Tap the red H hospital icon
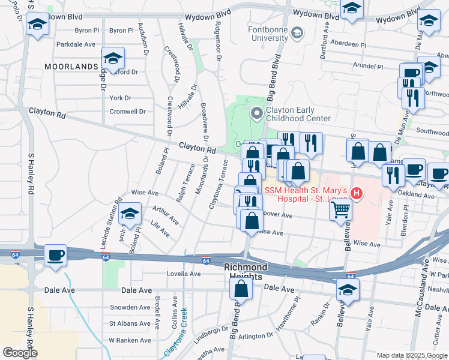[x=357, y=193]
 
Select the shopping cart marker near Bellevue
[x=341, y=210]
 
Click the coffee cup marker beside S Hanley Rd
[x=55, y=256]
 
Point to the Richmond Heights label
[x=245, y=271]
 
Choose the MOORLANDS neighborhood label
[x=70, y=66]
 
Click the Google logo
[x=19, y=353]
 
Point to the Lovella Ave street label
[x=184, y=274]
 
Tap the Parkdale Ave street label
[x=76, y=44]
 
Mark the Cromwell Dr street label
[x=127, y=112]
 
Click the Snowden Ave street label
[x=130, y=307]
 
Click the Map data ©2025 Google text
[x=411, y=355]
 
